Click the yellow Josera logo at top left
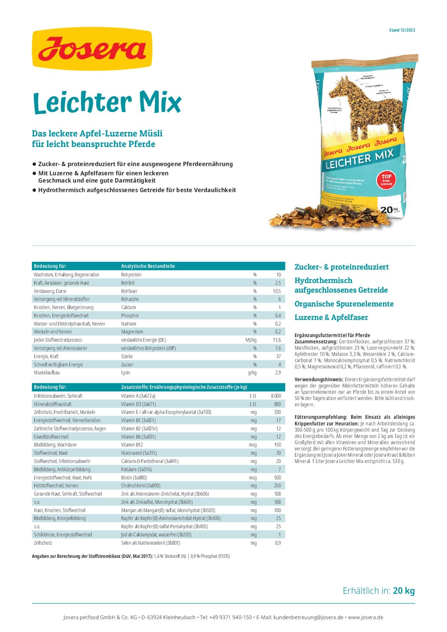(x=92, y=49)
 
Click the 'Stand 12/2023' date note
(x=402, y=30)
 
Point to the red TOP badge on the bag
(x=386, y=180)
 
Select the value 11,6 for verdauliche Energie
(x=277, y=340)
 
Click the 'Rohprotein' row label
(x=131, y=275)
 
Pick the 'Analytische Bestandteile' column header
(x=148, y=266)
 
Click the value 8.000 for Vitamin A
(x=276, y=396)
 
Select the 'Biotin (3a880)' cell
(x=134, y=478)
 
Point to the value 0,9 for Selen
(x=278, y=543)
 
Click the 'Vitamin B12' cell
(x=132, y=445)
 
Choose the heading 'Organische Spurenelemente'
(x=344, y=304)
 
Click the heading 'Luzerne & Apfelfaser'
(x=331, y=318)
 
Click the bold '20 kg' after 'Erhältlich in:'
(x=404, y=591)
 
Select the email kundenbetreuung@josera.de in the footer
(x=308, y=618)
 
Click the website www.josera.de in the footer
(x=365, y=618)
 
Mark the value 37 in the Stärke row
(x=278, y=356)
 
